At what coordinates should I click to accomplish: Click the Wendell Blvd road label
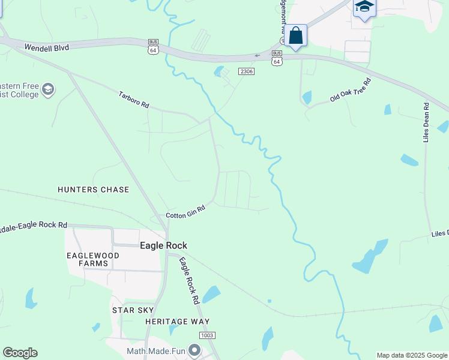click(47, 47)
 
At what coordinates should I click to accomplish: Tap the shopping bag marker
click(296, 35)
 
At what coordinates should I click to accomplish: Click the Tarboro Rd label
click(133, 100)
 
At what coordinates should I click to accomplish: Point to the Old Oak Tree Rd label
click(351, 89)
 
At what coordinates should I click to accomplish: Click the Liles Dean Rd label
click(426, 122)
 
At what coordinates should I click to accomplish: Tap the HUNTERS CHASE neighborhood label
click(93, 190)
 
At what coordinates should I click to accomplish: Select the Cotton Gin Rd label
click(185, 212)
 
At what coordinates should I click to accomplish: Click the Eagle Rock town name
click(163, 245)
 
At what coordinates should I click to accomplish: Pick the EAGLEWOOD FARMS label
click(93, 259)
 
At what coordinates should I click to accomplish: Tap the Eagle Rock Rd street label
click(188, 281)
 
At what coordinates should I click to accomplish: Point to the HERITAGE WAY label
click(169, 322)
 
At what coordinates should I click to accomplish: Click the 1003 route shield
click(206, 335)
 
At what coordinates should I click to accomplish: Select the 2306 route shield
click(246, 71)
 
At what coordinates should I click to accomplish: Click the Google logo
click(20, 353)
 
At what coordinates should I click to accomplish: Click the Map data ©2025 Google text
click(412, 355)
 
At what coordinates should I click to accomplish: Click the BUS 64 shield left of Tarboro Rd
click(154, 47)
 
